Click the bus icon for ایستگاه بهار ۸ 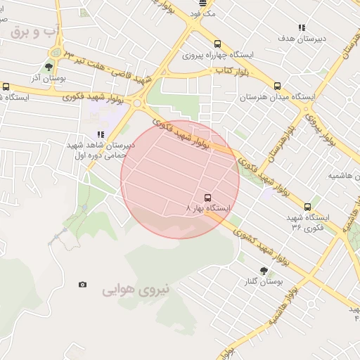tap(207, 198)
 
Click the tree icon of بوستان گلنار tap(264, 271)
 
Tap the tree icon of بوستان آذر tap(48, 68)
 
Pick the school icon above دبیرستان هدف tap(302, 28)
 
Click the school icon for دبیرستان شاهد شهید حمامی tap(101, 134)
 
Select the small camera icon tap(83, 284)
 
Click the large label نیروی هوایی tap(129, 289)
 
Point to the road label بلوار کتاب tap(232, 71)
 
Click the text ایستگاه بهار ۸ tap(209, 209)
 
